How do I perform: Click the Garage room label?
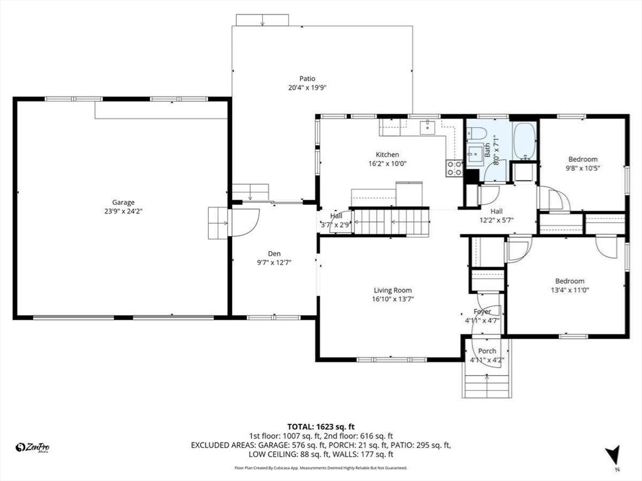point(124,202)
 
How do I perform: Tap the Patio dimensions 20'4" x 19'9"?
point(307,88)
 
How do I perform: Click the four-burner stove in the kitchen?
point(454,168)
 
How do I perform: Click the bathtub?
point(524,140)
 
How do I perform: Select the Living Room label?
point(392,290)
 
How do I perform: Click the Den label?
point(274,254)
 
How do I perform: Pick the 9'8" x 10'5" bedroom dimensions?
point(582,168)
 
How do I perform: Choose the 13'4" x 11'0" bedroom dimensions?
point(569,290)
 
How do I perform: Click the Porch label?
point(487,351)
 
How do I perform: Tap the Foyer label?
point(482,311)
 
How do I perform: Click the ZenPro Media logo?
point(33,447)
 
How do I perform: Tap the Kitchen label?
point(387,155)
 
